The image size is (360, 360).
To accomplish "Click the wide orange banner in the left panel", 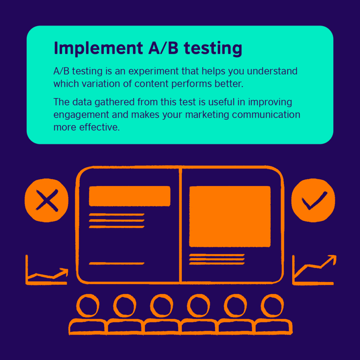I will point(129,196).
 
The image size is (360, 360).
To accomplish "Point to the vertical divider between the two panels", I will point(180,225).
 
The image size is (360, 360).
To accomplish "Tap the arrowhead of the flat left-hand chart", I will point(64,271).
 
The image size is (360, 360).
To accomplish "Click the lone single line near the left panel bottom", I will point(116,263).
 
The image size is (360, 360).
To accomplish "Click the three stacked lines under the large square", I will point(217,259).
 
